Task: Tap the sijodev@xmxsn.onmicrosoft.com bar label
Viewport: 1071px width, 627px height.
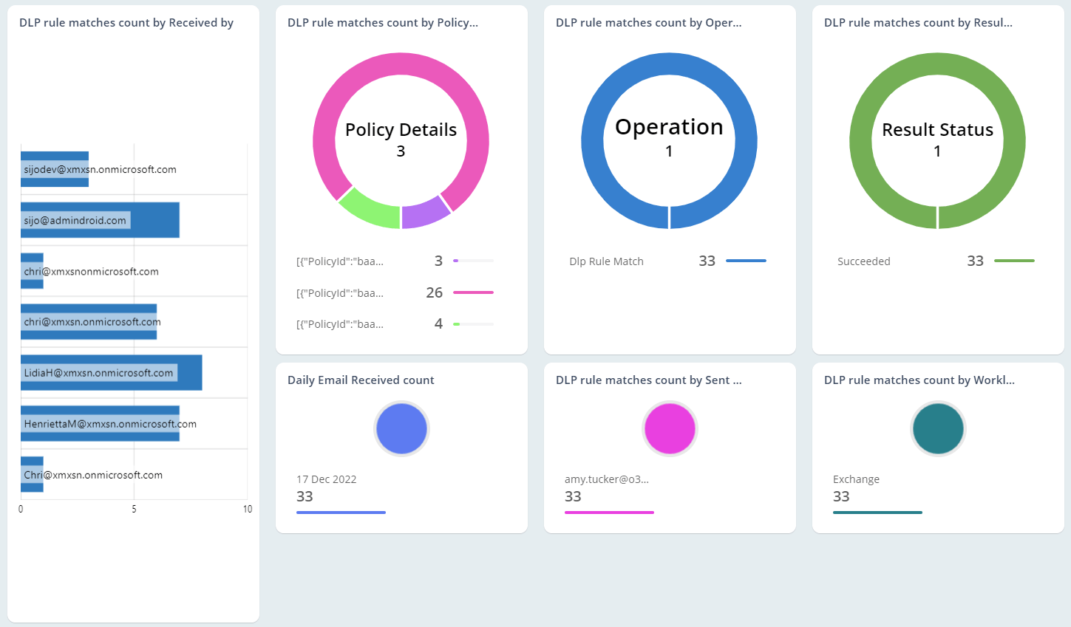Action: (100, 170)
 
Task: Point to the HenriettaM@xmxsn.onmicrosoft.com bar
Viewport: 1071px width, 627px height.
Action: (100, 424)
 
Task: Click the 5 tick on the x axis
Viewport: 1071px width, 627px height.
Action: (134, 509)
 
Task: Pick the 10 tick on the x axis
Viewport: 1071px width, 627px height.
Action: (247, 509)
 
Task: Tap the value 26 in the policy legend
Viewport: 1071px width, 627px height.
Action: (434, 292)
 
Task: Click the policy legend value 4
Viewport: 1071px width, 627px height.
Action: (438, 323)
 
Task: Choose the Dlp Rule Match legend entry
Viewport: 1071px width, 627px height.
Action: (606, 261)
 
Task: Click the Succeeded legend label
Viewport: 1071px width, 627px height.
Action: (863, 261)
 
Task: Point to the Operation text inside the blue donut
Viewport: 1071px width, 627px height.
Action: (669, 127)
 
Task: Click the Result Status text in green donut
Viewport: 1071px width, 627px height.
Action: (937, 130)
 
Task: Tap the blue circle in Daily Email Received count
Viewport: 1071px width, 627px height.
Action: (401, 428)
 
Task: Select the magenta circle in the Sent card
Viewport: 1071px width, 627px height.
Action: (670, 428)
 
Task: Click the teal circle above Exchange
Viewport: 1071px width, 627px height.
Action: (938, 428)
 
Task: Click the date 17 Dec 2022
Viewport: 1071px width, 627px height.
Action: (326, 479)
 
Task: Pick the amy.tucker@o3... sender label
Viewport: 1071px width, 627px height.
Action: (606, 479)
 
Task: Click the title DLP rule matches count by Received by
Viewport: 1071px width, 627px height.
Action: (126, 23)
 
